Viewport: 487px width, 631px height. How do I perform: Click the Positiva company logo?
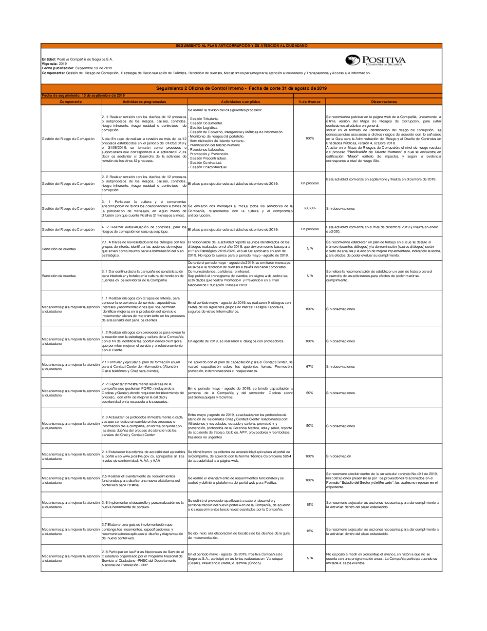point(375,60)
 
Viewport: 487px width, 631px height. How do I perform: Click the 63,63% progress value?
point(309,208)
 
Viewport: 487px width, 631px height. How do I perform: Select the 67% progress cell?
point(309,367)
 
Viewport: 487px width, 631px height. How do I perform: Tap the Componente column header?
point(71,102)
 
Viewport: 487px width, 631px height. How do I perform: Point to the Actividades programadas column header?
point(144,102)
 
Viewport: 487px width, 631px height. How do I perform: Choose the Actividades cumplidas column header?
point(241,102)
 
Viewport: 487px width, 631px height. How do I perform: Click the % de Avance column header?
point(309,102)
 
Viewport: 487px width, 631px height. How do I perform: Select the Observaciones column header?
point(384,102)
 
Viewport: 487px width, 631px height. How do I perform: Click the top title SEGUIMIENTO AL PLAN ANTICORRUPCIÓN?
point(242,46)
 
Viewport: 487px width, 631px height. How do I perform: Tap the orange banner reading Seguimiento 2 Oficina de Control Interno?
point(242,88)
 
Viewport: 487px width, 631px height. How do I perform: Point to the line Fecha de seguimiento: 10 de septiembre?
point(83,96)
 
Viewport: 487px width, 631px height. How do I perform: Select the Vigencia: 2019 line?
point(54,64)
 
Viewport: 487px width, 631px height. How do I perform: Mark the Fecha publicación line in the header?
point(77,68)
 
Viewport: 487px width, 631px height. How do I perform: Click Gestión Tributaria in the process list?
point(204,119)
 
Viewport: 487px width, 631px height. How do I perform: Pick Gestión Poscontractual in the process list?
point(208,167)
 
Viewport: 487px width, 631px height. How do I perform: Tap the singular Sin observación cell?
point(338,456)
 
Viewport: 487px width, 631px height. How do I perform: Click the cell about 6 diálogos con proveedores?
point(236,341)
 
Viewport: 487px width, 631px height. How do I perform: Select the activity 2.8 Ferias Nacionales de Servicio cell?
point(143,558)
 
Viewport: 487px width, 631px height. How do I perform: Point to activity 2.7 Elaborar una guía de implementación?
point(143,532)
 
